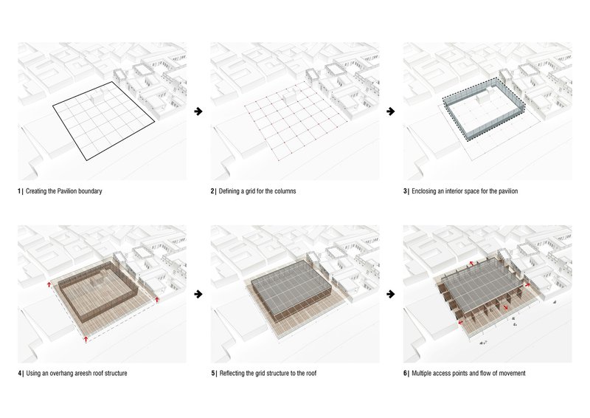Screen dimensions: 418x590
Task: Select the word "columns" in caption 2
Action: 284,191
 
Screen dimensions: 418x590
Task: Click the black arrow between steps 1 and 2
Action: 198,112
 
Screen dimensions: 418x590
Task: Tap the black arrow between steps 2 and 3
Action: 391,112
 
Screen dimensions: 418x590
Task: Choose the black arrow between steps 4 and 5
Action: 198,294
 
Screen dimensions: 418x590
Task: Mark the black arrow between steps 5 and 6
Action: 391,294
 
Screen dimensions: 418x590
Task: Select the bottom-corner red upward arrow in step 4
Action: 86,339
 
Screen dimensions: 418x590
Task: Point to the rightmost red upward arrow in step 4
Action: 158,300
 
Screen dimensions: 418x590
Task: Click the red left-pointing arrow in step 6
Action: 459,322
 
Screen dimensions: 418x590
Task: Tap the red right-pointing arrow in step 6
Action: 527,283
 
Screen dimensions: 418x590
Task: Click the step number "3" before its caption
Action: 405,191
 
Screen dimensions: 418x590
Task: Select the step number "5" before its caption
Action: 212,374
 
